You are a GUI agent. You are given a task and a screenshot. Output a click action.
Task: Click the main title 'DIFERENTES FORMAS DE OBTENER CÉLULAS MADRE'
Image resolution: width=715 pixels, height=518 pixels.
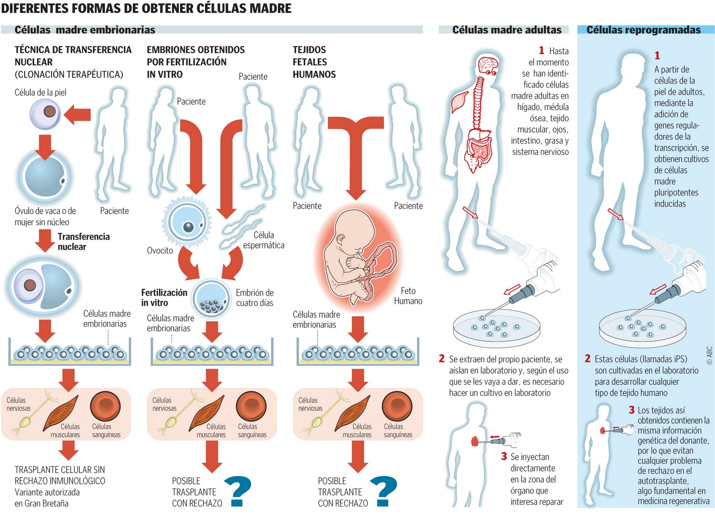click(146, 8)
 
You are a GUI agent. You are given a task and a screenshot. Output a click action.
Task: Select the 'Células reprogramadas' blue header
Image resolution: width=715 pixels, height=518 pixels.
click(643, 30)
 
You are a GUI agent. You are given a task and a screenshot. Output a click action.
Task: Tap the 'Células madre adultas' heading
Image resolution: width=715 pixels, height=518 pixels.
click(507, 30)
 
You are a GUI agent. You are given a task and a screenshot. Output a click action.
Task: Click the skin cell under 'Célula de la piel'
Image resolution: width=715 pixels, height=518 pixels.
click(45, 114)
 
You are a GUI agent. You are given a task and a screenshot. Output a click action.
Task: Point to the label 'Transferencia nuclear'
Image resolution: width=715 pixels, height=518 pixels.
click(83, 242)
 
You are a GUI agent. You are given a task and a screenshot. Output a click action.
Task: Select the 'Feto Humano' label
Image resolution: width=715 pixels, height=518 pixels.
click(408, 296)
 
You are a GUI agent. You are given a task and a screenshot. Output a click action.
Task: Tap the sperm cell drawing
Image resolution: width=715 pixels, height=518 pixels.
click(241, 226)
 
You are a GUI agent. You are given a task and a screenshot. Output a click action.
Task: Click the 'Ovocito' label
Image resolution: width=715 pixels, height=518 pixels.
click(160, 251)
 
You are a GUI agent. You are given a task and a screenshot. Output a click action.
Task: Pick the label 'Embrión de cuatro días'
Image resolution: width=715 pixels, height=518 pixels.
click(255, 298)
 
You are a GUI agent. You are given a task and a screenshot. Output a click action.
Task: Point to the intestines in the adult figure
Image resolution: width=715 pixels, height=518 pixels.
click(479, 150)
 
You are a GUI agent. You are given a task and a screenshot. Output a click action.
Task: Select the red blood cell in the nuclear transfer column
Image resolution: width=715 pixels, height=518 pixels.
click(105, 407)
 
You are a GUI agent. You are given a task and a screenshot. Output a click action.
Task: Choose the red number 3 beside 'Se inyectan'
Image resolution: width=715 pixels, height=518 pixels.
click(504, 456)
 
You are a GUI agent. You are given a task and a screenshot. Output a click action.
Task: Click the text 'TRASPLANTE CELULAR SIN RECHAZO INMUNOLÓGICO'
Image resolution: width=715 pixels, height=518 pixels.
click(60, 475)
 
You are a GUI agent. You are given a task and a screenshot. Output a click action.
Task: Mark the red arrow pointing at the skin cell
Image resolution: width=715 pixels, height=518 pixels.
click(77, 115)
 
